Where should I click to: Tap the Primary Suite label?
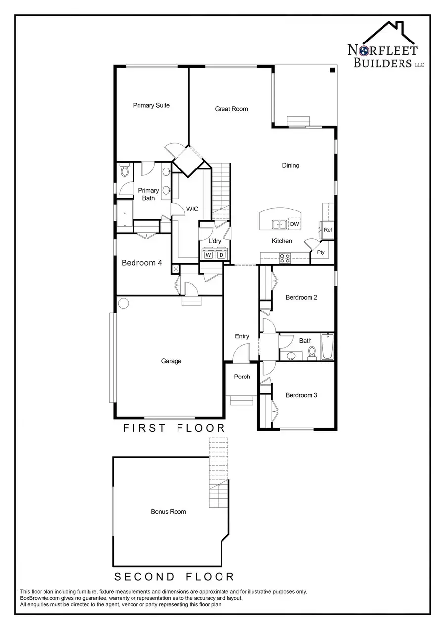[151, 105]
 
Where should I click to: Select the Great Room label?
[231, 109]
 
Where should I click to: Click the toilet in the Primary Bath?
[124, 171]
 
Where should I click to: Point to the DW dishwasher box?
[294, 224]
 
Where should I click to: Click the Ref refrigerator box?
[328, 230]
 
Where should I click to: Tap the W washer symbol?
[208, 255]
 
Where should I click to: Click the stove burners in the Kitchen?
[285, 258]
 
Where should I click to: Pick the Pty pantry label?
[321, 252]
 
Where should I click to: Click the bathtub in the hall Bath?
[327, 347]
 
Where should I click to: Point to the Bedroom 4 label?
[142, 263]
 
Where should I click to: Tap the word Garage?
[171, 361]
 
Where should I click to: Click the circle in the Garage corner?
[123, 303]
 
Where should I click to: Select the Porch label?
[242, 377]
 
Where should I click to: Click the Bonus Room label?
[169, 512]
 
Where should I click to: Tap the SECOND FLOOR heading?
[174, 576]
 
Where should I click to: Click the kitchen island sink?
[279, 225]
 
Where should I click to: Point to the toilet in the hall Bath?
[312, 352]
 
